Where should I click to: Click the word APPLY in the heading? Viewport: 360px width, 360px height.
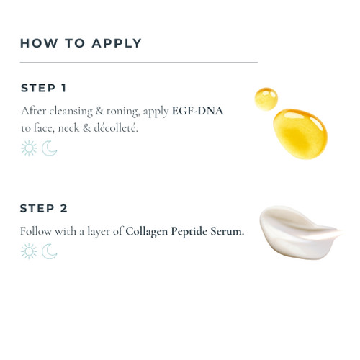click(117, 43)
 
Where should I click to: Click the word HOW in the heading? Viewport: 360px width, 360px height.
click(39, 43)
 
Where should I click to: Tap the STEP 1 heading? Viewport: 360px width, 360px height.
click(43, 88)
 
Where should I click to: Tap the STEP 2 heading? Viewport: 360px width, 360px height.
click(44, 208)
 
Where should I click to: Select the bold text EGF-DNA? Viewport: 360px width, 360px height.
click(198, 111)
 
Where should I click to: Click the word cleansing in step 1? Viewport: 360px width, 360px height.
click(71, 112)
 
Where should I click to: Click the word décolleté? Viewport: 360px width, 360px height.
click(116, 128)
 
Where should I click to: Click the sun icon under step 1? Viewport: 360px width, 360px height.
click(29, 148)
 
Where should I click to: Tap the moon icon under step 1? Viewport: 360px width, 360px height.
click(49, 148)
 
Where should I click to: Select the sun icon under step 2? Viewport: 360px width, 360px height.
click(29, 251)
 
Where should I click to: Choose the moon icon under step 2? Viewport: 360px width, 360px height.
click(49, 251)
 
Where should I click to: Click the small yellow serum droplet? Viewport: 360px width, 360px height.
click(266, 99)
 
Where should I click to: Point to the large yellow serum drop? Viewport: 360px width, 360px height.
click(300, 134)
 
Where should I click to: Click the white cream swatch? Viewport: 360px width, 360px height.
click(297, 233)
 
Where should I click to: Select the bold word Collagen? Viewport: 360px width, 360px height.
click(146, 232)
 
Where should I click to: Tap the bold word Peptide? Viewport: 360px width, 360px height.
click(189, 232)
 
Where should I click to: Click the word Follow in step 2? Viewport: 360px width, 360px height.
click(36, 231)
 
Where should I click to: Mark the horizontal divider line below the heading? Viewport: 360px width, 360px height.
click(139, 63)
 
